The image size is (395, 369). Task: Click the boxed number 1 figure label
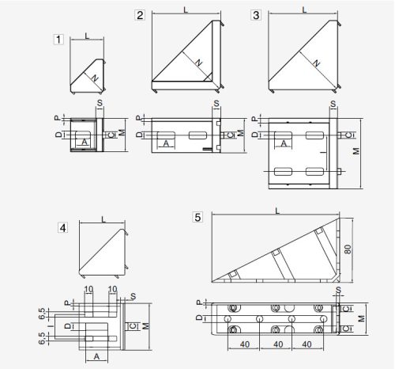pyautogui.click(x=58, y=40)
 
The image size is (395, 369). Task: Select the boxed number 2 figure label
pyautogui.click(x=140, y=15)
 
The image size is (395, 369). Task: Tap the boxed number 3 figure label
pyautogui.click(x=256, y=15)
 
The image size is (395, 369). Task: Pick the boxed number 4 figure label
pyautogui.click(x=62, y=228)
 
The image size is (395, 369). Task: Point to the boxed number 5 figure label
pyautogui.click(x=197, y=217)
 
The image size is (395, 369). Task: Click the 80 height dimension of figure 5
pyautogui.click(x=348, y=249)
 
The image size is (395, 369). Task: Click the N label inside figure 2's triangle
pyautogui.click(x=199, y=63)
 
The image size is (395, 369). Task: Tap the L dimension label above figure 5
pyautogui.click(x=277, y=211)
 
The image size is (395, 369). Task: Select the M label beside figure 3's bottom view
pyautogui.click(x=356, y=151)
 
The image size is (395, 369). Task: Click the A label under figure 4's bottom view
pyautogui.click(x=96, y=356)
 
